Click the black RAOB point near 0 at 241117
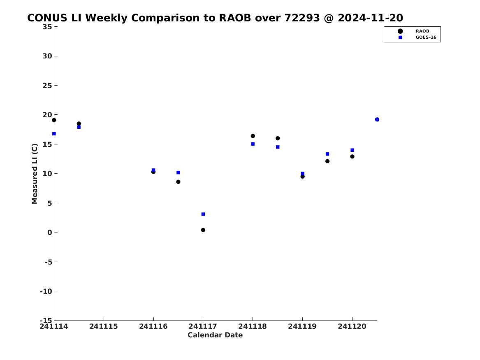point(203,230)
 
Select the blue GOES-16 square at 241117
point(203,214)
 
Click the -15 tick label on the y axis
point(46,320)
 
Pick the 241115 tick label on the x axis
point(104,326)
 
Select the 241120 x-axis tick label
point(352,326)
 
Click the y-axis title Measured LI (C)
point(35,174)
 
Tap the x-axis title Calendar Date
point(215,335)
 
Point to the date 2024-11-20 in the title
point(371,18)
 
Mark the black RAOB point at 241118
point(253,136)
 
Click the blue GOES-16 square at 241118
point(253,144)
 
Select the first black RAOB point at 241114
point(54,120)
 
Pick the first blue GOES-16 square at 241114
point(54,134)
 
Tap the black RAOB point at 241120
point(352,156)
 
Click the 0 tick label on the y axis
point(50,232)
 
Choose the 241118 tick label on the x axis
point(253,326)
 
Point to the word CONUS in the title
point(47,18)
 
